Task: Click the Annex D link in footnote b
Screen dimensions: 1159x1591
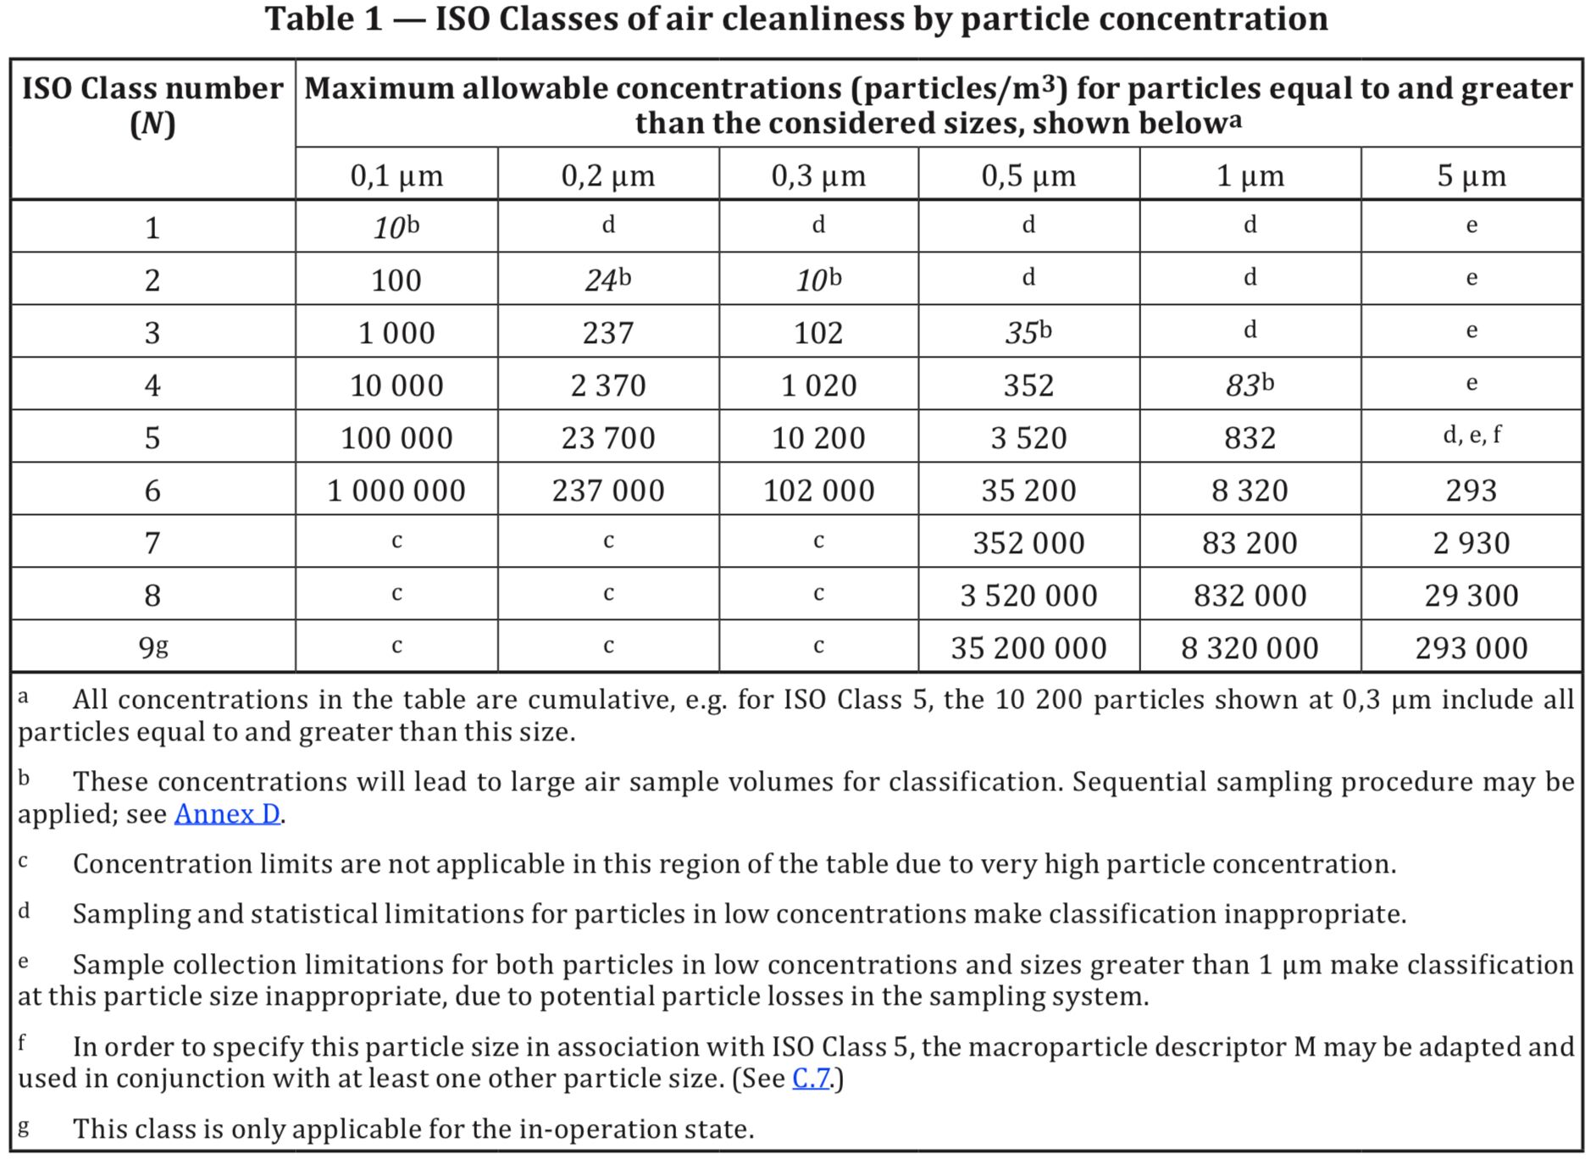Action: pyautogui.click(x=227, y=814)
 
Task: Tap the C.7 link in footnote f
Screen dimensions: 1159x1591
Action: pyautogui.click(x=811, y=1079)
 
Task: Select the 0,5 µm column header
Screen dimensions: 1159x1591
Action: pyautogui.click(x=1028, y=175)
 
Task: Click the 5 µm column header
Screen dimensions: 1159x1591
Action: pyautogui.click(x=1471, y=175)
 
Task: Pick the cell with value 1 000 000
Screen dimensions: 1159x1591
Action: pyautogui.click(x=396, y=491)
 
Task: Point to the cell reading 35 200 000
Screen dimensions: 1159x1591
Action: pyautogui.click(x=1028, y=648)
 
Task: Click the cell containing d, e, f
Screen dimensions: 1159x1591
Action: pyautogui.click(x=1471, y=435)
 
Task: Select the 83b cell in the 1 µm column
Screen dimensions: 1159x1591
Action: pyautogui.click(x=1249, y=385)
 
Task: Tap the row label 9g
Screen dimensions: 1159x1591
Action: pyautogui.click(x=153, y=647)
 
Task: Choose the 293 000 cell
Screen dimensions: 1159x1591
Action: pyautogui.click(x=1471, y=648)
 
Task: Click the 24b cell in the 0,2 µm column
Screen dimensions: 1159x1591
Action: pyautogui.click(x=607, y=280)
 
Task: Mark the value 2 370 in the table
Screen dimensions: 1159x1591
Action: pyautogui.click(x=607, y=385)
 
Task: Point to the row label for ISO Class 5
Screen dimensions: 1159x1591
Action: pyautogui.click(x=152, y=438)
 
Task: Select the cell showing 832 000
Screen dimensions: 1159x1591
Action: pyautogui.click(x=1250, y=596)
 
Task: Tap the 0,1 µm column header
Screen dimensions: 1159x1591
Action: pyautogui.click(x=396, y=175)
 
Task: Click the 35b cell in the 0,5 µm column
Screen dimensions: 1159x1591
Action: pyautogui.click(x=1028, y=333)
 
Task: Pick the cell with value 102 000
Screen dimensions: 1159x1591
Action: pyautogui.click(x=818, y=491)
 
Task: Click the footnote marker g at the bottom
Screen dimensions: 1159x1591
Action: pyautogui.click(x=23, y=1127)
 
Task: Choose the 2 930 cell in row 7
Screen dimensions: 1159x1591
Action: pyautogui.click(x=1471, y=543)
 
